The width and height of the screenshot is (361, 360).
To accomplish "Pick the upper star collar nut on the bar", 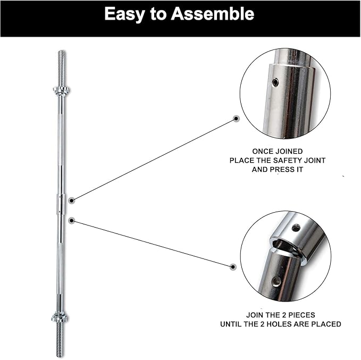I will click(61, 90).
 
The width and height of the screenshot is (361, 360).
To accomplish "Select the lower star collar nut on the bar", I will click(60, 317).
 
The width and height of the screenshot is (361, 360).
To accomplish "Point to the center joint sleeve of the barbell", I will click(61, 204).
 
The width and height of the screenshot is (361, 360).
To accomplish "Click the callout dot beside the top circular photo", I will click(237, 119).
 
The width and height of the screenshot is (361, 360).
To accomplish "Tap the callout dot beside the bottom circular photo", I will click(233, 266).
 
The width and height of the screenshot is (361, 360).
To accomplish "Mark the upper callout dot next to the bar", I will click(72, 200).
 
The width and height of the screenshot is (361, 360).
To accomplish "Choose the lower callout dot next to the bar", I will click(72, 220).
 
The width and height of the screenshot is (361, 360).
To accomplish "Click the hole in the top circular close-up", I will click(275, 82).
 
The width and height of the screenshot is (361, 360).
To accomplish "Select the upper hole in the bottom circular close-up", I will click(296, 228).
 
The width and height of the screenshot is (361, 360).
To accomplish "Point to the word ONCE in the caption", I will click(264, 152).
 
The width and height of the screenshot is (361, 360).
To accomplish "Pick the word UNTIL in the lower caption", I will click(233, 324).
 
